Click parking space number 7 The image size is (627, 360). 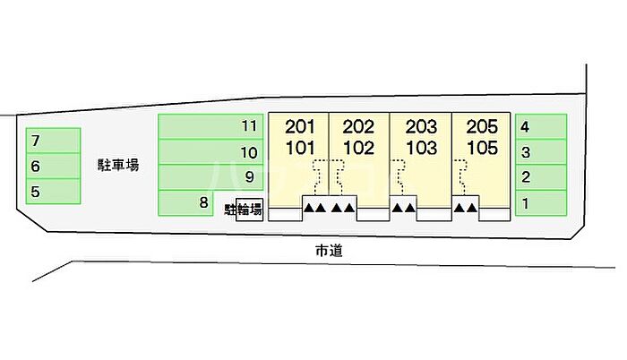coord(52,141)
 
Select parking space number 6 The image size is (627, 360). coord(52,166)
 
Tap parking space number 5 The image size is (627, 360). coord(52,191)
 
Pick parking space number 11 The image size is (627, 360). coord(210,126)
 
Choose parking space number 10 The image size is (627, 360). coord(210,152)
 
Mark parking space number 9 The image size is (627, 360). coord(210,177)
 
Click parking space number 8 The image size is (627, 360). coord(188,202)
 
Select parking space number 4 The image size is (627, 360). coord(541,127)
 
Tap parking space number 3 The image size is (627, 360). coord(541,152)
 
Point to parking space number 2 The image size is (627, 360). coord(541,177)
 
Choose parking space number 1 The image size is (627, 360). coord(541,203)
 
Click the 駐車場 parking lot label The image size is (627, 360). coord(118,165)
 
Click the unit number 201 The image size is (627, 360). coord(299,126)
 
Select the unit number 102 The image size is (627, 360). coord(358,147)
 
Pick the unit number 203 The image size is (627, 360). coord(421,126)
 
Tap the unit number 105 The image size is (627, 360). coord(482,147)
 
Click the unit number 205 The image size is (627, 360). coord(482,126)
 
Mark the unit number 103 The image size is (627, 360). coord(421,147)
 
